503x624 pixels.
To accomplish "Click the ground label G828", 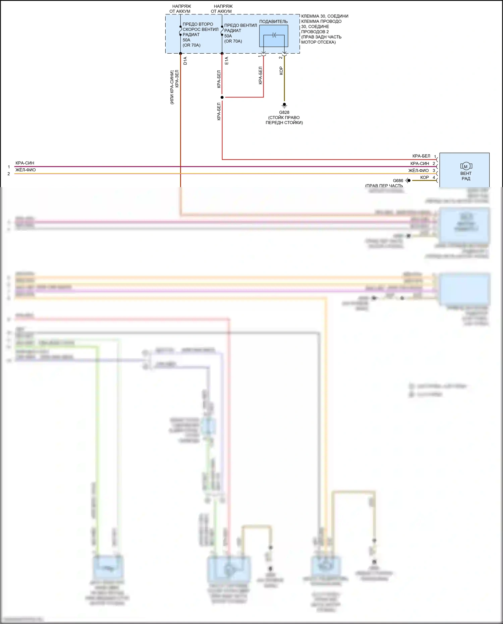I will [284, 112].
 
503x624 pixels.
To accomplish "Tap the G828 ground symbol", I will [284, 105].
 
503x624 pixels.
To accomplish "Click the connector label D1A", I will [185, 61].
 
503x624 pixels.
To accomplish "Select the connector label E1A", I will [226, 61].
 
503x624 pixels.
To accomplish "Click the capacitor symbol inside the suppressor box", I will [274, 35].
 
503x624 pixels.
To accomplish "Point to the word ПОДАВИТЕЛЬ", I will [273, 21].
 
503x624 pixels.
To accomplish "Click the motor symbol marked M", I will [466, 166].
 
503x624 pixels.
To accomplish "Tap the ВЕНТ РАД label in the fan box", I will [466, 176].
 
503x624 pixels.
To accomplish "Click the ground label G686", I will [398, 180].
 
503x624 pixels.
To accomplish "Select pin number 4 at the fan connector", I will [434, 177].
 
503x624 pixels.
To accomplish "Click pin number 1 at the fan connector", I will [435, 157].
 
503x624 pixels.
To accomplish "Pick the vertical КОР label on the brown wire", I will [281, 71].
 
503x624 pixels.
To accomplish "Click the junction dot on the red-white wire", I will [222, 97].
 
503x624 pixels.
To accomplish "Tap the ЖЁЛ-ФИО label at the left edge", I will [25, 170].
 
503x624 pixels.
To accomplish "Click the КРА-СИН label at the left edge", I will [25, 163].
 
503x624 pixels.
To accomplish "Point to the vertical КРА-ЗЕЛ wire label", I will [177, 79].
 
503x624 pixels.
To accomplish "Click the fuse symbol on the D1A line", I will [180, 31].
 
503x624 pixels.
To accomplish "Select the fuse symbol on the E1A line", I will [222, 31].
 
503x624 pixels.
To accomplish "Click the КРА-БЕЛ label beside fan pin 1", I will [421, 156].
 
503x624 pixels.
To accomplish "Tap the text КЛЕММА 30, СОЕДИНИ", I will [325, 16].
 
